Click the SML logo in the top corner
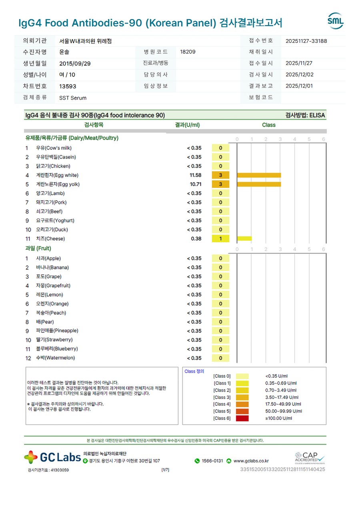[x=335, y=21]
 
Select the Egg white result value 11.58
[x=196, y=175]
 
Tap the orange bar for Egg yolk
[x=259, y=184]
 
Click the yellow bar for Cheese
[x=244, y=239]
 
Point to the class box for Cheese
[x=220, y=239]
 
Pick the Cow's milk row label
[x=54, y=148]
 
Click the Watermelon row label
[x=55, y=358]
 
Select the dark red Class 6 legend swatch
[x=242, y=418]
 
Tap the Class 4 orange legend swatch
[x=242, y=404]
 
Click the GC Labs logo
[x=52, y=457]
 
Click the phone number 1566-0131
[x=212, y=461]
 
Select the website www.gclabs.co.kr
[x=251, y=461]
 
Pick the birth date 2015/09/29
[x=75, y=63]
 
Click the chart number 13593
[x=68, y=86]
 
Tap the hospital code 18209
[x=188, y=52]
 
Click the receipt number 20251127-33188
[x=306, y=41]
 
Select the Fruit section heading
[x=38, y=249]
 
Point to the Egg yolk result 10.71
[x=196, y=184]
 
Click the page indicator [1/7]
[x=165, y=470]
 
